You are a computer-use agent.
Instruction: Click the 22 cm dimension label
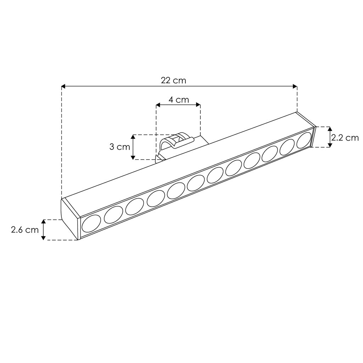coord(173,80)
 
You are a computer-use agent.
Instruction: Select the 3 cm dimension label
coord(119,147)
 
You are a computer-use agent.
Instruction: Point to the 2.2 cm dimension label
coord(345,138)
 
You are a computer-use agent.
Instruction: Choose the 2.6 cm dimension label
coord(25,230)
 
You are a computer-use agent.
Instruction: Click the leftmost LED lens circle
coord(91,224)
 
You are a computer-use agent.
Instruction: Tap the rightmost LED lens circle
coord(304,140)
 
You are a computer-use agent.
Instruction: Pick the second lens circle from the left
coord(113,215)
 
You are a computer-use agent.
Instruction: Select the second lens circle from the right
coord(287,147)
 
